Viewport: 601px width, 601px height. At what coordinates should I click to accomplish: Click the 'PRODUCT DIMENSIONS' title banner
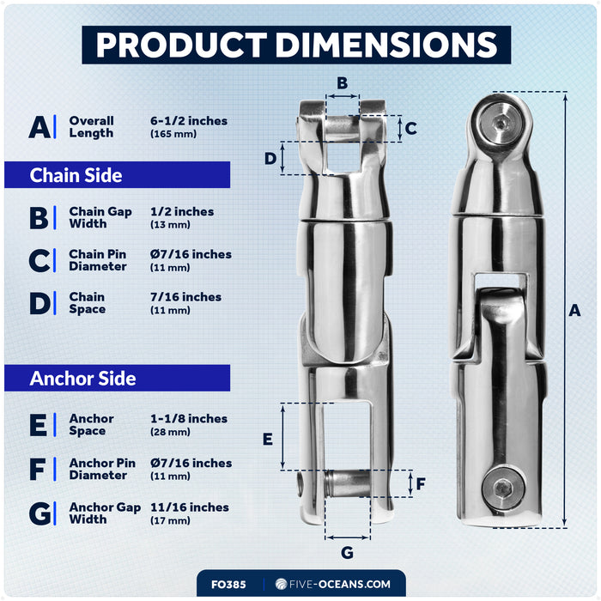296,45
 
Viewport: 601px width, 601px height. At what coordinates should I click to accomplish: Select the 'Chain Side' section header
118,175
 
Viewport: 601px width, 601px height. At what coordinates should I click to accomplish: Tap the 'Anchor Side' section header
118,378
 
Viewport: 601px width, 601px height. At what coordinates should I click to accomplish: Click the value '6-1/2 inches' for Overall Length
189,121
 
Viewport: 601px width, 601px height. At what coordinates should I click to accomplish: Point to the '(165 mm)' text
173,134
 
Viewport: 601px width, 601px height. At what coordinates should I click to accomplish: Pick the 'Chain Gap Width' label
100,217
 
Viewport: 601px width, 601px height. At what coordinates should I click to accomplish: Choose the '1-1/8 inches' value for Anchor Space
189,419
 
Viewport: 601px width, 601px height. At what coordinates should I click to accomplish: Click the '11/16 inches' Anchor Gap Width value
190,507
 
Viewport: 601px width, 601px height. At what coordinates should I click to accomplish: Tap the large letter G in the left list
39,513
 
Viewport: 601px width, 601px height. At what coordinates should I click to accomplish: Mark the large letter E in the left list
39,425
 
